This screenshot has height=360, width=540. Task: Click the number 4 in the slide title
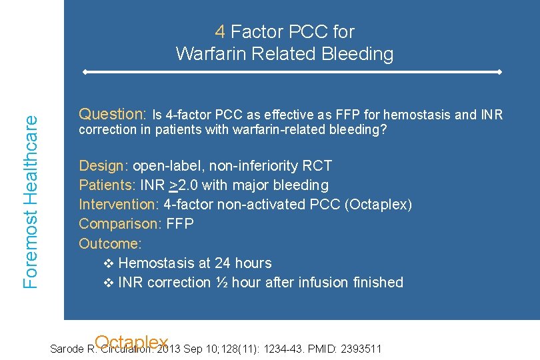click(x=220, y=32)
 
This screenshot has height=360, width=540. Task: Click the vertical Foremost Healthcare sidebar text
click(x=31, y=201)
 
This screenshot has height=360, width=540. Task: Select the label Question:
click(x=113, y=114)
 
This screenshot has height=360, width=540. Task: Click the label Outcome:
click(x=110, y=243)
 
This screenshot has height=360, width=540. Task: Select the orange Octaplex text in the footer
click(x=131, y=343)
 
